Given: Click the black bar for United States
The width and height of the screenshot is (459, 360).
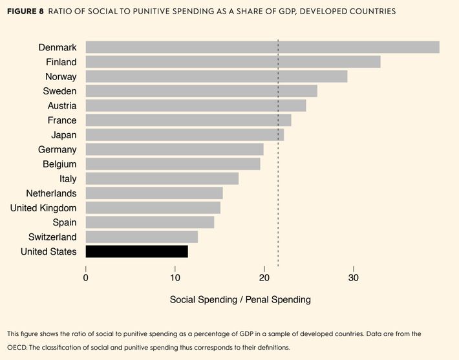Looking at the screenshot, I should tap(136, 251).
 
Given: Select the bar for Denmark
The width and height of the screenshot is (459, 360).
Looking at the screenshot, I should tap(262, 47).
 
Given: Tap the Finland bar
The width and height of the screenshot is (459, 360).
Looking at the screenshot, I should tap(233, 62).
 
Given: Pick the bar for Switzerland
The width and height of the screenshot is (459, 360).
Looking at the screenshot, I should tap(142, 237).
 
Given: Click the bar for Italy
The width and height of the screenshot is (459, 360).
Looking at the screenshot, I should tap(162, 178).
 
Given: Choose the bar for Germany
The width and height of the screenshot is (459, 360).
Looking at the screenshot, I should tap(175, 149).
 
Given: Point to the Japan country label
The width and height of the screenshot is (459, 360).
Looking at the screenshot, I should tap(63, 135).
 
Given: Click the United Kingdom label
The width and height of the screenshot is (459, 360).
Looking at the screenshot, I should tap(43, 207).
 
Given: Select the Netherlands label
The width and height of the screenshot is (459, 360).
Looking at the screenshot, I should tap(51, 193).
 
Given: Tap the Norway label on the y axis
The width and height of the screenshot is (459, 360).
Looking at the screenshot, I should tap(61, 77).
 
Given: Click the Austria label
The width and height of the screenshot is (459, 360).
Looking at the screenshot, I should tap(62, 106).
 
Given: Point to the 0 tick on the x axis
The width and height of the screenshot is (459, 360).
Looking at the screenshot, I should tap(86, 278).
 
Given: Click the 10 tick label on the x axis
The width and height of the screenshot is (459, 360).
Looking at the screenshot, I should tap(175, 278).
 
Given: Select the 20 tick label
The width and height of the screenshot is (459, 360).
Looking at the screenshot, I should tap(264, 278).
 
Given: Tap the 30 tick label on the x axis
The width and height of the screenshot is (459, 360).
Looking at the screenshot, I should tap(353, 278).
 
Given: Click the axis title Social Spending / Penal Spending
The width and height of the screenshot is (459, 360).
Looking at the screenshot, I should tap(240, 300).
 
